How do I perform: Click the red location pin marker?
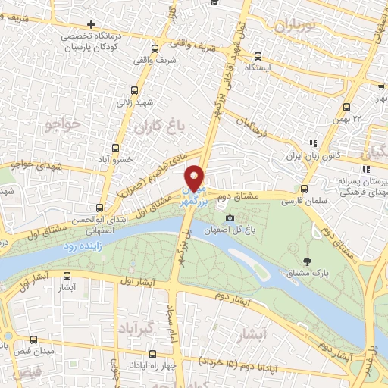(x=196, y=179)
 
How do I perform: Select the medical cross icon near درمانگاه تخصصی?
(x=92, y=24)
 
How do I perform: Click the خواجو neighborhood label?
(x=62, y=120)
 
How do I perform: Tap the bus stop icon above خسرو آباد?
(x=116, y=148)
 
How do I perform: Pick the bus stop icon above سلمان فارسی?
(x=304, y=189)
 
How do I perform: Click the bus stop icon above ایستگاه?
(x=259, y=56)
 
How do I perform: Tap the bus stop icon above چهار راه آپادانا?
(x=153, y=353)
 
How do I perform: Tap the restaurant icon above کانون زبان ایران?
(x=312, y=143)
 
